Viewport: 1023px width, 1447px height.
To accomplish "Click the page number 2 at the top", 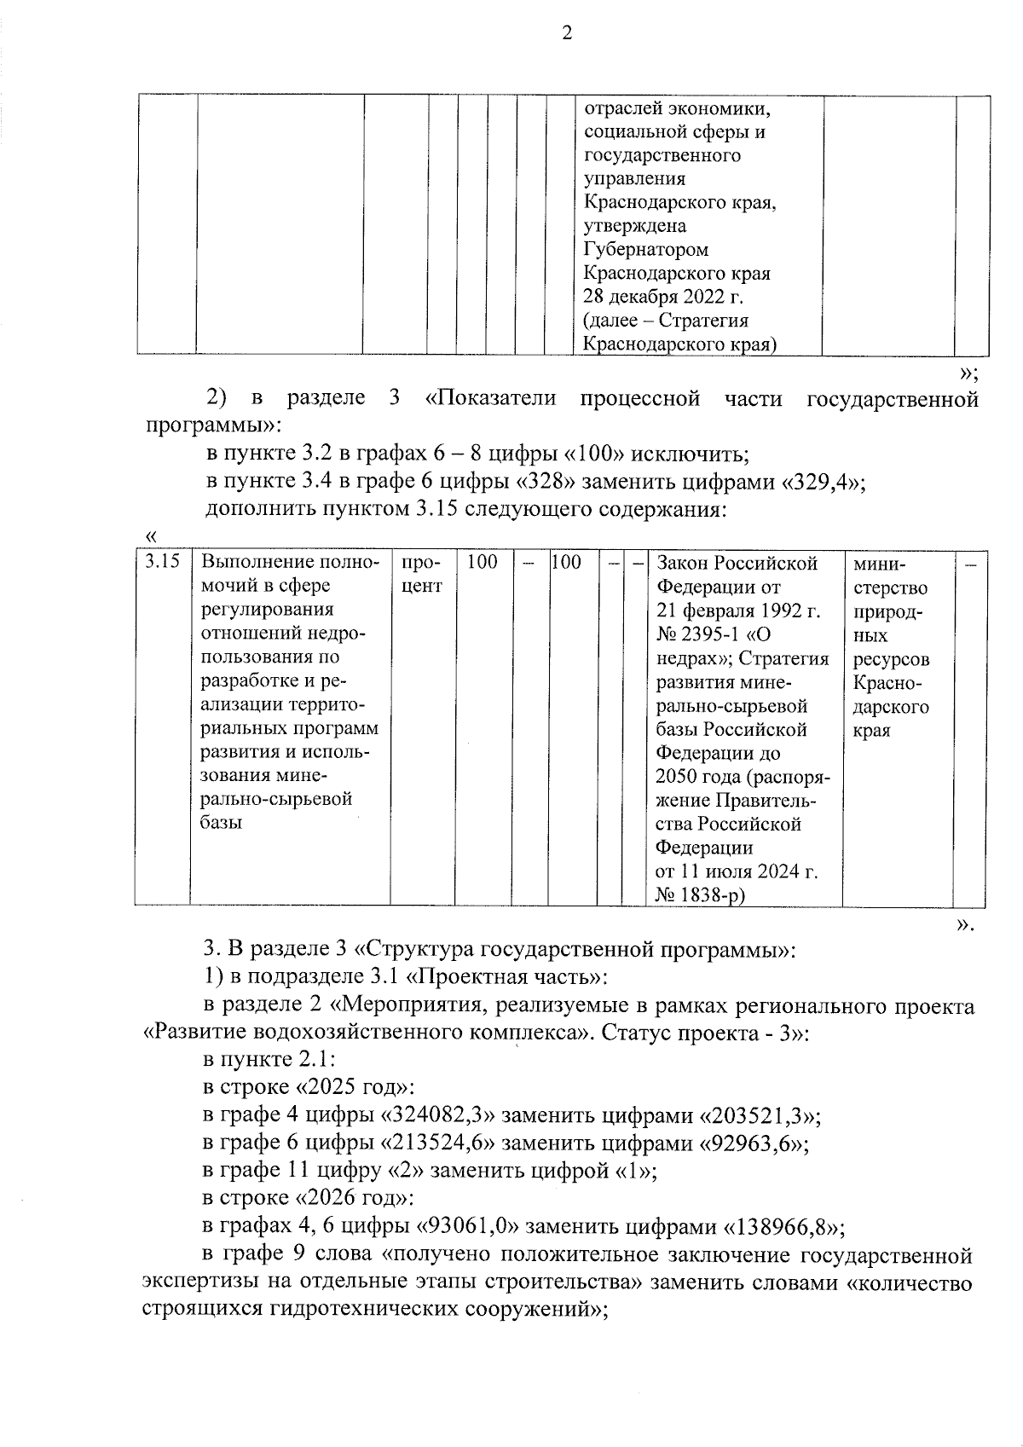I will [x=567, y=34].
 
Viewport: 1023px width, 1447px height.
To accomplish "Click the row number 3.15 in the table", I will [x=162, y=562].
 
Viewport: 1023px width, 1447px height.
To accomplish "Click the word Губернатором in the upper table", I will [x=645, y=250].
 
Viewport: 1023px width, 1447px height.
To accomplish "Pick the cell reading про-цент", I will [x=421, y=575].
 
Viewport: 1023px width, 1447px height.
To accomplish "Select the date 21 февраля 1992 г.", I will [x=738, y=611].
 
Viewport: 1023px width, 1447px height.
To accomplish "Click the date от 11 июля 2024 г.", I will [x=736, y=871].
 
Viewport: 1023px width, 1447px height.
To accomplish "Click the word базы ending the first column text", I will [x=222, y=823].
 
